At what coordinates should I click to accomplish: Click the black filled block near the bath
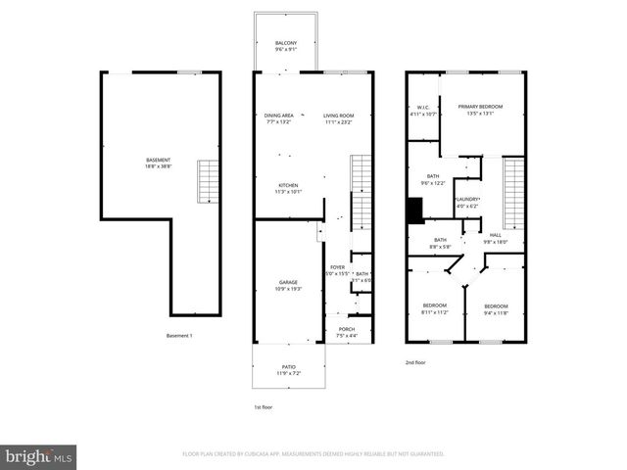click(x=415, y=211)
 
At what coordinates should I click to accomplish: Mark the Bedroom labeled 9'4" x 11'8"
click(x=498, y=309)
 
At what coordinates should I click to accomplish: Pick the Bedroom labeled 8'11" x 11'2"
click(x=434, y=309)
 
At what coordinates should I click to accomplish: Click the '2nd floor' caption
click(x=416, y=362)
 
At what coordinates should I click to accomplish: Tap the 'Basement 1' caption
click(x=179, y=336)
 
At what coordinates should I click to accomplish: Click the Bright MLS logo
click(x=38, y=456)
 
